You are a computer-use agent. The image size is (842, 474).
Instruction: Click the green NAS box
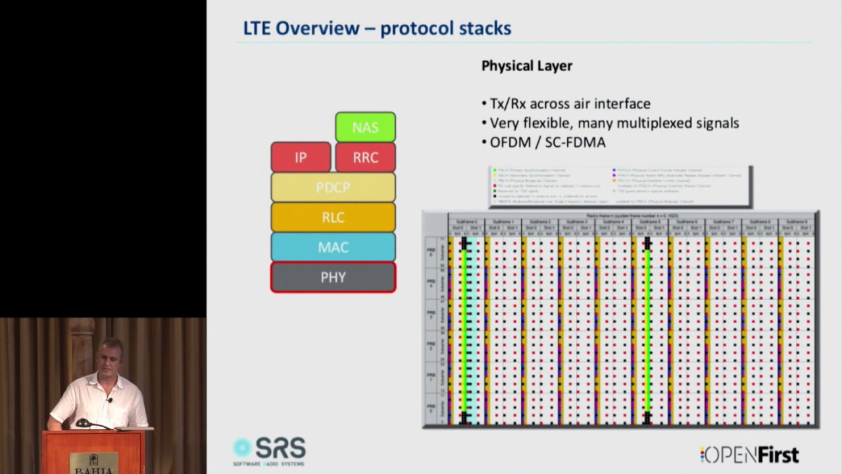pyautogui.click(x=365, y=127)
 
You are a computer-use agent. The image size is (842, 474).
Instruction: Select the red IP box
pyautogui.click(x=301, y=157)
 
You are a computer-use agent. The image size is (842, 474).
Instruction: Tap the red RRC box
pyautogui.click(x=365, y=157)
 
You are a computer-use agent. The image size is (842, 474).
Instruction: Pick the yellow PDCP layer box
pyautogui.click(x=333, y=187)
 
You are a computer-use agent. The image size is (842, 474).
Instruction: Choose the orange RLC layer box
pyautogui.click(x=333, y=217)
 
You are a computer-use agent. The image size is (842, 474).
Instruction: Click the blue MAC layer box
pyautogui.click(x=333, y=247)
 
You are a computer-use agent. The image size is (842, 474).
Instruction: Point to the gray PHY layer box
pyautogui.click(x=333, y=277)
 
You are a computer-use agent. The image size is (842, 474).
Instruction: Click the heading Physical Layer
pyautogui.click(x=527, y=66)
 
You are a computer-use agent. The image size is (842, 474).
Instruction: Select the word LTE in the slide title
pyautogui.click(x=257, y=28)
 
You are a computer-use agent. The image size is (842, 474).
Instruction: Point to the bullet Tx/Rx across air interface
pyautogui.click(x=570, y=103)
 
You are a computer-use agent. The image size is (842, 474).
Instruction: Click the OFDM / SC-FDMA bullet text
pyautogui.click(x=547, y=142)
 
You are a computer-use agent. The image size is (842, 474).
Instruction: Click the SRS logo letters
pyautogui.click(x=280, y=448)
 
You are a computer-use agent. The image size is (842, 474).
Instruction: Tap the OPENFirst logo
pyautogui.click(x=749, y=454)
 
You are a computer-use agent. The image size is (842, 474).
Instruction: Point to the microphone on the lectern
pyautogui.click(x=83, y=423)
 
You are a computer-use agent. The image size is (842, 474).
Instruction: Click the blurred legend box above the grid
pyautogui.click(x=620, y=186)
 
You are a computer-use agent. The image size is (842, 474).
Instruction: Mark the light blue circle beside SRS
pyautogui.click(x=242, y=448)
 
